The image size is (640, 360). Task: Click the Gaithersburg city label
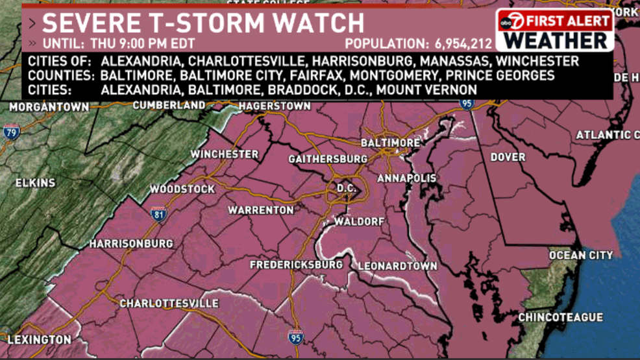click(328, 159)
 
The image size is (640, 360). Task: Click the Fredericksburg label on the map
click(296, 265)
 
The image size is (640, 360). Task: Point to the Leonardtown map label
click(396, 266)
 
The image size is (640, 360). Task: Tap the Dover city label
click(508, 157)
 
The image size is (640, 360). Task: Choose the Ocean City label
click(580, 256)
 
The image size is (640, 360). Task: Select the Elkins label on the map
click(36, 183)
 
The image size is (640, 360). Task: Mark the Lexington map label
click(39, 339)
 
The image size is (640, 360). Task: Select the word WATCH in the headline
click(317, 23)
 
